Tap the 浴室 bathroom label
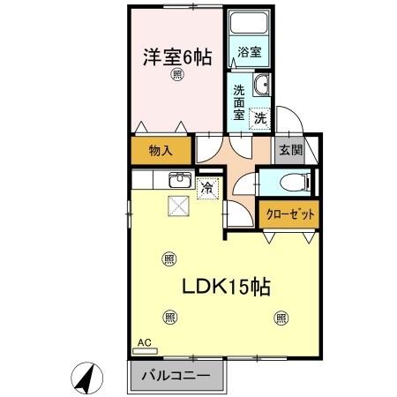click(x=249, y=53)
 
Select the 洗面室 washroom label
click(x=239, y=101)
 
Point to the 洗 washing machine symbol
click(x=260, y=117)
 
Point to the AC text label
click(x=142, y=341)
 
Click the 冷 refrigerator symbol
click(x=207, y=187)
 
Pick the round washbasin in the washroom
click(x=261, y=86)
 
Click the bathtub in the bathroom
click(x=249, y=26)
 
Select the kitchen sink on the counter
click(x=180, y=179)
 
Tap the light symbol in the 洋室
click(x=177, y=76)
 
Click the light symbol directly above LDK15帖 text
click(x=169, y=258)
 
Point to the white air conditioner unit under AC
click(x=143, y=350)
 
